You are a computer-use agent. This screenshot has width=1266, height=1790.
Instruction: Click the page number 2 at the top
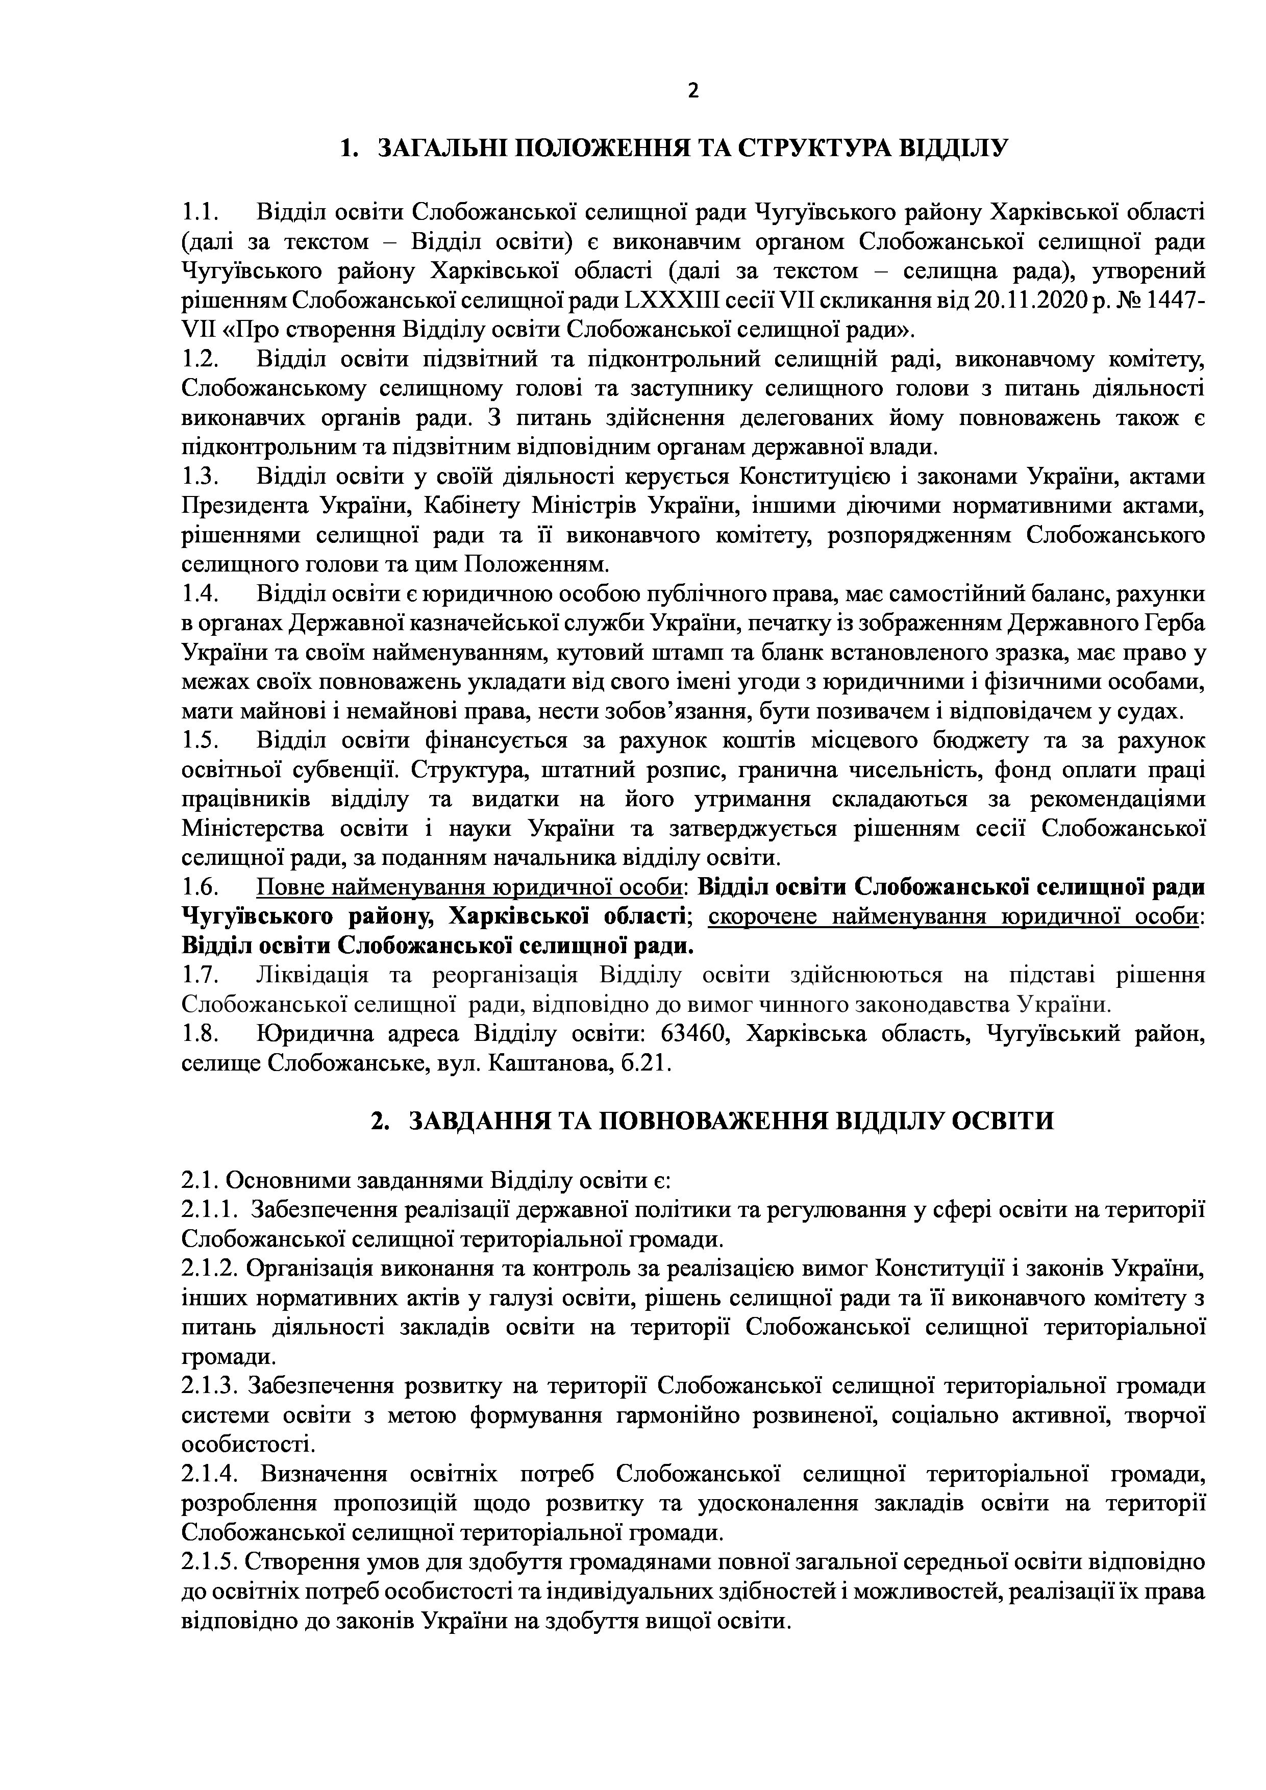[x=693, y=91]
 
